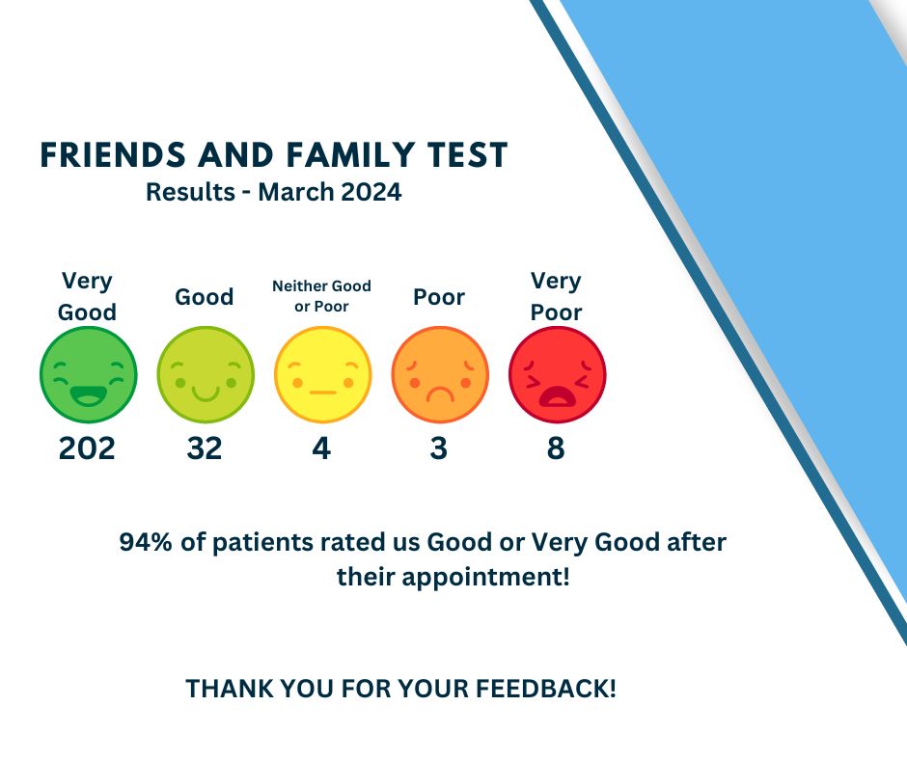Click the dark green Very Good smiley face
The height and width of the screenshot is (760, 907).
[x=89, y=374]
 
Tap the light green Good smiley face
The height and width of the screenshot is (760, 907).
[x=206, y=374]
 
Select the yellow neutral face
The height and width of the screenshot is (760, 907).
[x=322, y=374]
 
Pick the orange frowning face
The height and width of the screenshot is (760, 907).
[x=440, y=374]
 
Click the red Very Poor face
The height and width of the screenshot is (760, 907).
[x=557, y=374]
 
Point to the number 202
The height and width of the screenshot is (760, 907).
[x=87, y=448]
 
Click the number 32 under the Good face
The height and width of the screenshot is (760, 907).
[x=205, y=448]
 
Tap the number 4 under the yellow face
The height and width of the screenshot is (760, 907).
[x=321, y=448]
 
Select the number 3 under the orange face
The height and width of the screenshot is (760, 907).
[x=439, y=448]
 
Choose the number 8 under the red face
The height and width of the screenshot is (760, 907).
[x=556, y=448]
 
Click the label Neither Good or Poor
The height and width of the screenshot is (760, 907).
[x=321, y=295]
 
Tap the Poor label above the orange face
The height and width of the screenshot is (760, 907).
[x=439, y=297]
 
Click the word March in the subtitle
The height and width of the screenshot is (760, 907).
[x=293, y=192]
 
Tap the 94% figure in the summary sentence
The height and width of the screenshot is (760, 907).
[x=147, y=542]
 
